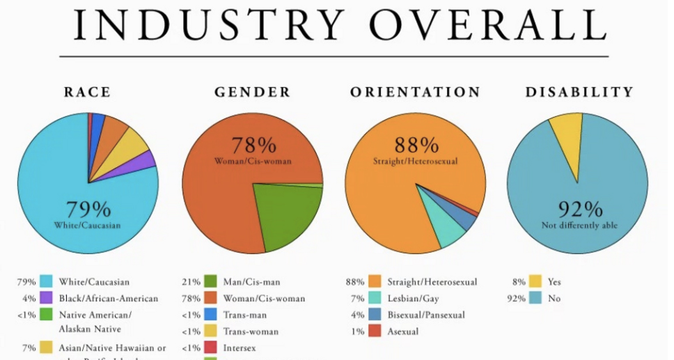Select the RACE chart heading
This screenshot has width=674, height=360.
tap(87, 92)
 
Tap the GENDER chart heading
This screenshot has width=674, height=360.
tap(252, 92)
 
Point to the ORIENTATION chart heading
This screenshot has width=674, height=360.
tap(415, 92)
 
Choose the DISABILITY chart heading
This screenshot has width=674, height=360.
tap(579, 92)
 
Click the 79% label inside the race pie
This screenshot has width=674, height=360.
tap(88, 210)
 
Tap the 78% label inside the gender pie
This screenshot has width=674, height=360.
tap(253, 146)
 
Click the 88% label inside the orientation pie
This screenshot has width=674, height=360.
tap(416, 146)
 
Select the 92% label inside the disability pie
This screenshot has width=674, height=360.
tap(579, 210)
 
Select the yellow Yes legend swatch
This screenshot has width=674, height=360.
tap(535, 282)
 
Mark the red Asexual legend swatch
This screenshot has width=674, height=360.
tap(375, 331)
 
